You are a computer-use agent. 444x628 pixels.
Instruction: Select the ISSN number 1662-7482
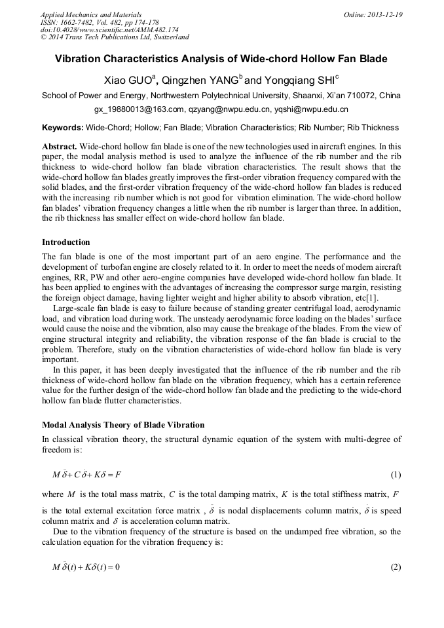click(x=77, y=22)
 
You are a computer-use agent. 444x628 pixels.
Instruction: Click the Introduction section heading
click(x=66, y=242)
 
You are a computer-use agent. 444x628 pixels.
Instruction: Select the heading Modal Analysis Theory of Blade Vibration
click(x=123, y=425)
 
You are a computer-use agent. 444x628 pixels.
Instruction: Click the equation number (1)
click(x=395, y=475)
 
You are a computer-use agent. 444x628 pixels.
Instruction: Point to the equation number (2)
click(x=395, y=566)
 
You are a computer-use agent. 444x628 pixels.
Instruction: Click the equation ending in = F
click(x=88, y=475)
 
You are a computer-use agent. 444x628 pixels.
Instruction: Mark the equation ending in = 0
click(x=86, y=566)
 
